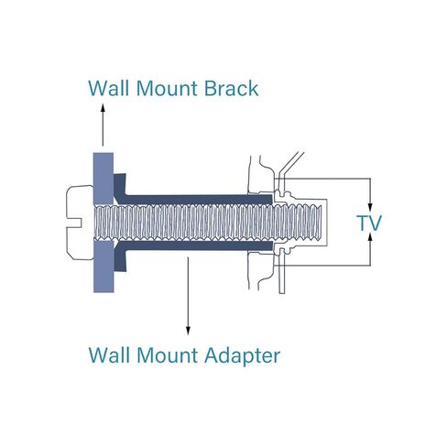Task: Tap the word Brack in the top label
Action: (x=231, y=88)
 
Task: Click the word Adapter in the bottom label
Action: (x=242, y=356)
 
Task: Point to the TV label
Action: (x=369, y=223)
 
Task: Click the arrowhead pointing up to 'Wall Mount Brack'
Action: (x=103, y=107)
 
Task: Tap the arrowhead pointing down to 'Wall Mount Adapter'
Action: (x=188, y=331)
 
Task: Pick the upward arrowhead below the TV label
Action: (x=370, y=237)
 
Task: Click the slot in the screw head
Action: (x=74, y=223)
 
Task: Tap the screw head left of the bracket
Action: (x=80, y=223)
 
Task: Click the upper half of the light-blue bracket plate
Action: (x=104, y=179)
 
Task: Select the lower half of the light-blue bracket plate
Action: (x=104, y=267)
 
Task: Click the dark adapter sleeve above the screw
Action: (x=199, y=200)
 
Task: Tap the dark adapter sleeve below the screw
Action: (x=199, y=245)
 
